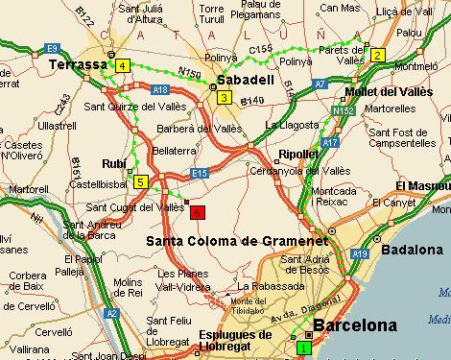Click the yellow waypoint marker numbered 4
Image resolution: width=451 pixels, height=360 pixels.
122,65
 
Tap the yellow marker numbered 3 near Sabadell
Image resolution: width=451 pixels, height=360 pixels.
224,97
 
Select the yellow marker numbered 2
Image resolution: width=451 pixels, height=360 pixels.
378,55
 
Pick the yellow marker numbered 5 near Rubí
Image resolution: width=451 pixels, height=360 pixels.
140,181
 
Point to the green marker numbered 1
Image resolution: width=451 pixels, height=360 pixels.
304,348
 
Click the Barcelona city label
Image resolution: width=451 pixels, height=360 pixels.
354,325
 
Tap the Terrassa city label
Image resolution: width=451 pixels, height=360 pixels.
75,64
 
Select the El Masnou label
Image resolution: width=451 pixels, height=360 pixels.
422,184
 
